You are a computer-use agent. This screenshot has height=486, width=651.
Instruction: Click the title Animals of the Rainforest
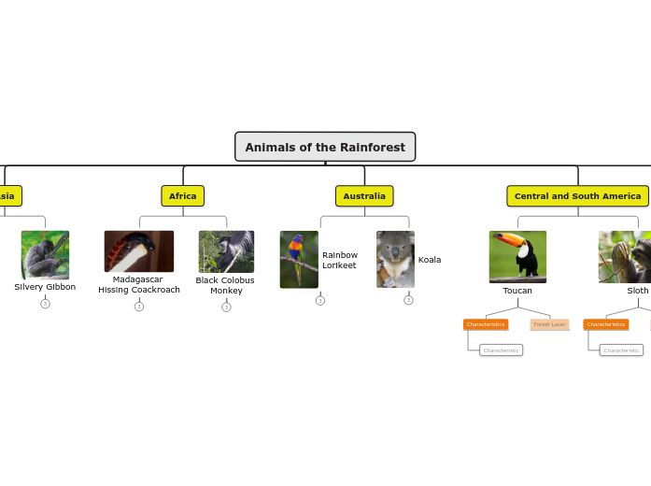point(325,147)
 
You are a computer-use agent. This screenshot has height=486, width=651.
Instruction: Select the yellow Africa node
point(183,196)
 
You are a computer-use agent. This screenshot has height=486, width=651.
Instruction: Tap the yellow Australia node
point(364,196)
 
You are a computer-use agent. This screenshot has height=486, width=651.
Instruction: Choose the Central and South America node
point(577,196)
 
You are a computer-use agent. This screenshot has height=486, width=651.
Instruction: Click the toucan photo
point(517,257)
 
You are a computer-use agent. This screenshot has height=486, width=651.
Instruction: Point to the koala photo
point(395,260)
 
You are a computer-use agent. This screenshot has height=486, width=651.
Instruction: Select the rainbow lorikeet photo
point(299,260)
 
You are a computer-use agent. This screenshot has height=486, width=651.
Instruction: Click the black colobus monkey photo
point(226,252)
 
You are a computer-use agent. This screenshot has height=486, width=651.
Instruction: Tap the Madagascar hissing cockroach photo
point(139,251)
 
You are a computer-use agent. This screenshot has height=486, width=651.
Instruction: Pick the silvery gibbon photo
point(45,255)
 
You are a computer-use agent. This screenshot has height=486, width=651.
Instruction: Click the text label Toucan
point(517,291)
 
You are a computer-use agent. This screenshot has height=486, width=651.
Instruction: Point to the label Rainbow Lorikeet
point(339,260)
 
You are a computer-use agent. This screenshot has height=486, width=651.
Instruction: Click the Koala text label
point(430,260)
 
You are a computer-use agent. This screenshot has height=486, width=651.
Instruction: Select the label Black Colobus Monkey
point(225,285)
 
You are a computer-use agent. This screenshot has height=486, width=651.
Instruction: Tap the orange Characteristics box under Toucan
point(486,324)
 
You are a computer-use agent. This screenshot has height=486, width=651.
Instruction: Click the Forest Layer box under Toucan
point(549,324)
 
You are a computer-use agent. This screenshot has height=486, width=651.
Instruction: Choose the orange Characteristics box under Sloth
point(606,324)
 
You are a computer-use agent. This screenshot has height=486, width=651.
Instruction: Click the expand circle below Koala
point(408,300)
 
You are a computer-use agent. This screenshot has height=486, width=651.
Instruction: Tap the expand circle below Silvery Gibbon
point(45,304)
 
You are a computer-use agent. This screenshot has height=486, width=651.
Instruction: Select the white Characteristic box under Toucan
point(502,350)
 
